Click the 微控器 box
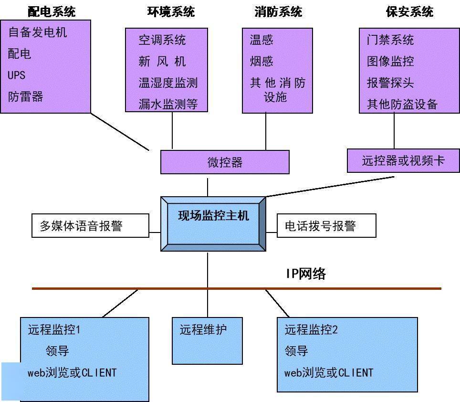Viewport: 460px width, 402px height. [x=225, y=162]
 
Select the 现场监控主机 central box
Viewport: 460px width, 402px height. [x=213, y=223]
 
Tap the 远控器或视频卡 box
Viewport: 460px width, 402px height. [x=403, y=160]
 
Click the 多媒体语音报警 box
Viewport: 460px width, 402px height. [x=90, y=226]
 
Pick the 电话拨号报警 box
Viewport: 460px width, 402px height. [x=326, y=226]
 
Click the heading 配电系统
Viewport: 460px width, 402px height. [x=52, y=11]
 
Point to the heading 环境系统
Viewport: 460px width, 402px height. [x=171, y=11]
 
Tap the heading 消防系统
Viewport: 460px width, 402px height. [x=278, y=11]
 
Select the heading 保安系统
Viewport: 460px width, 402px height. [x=409, y=11]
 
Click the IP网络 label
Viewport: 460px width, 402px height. [x=306, y=274]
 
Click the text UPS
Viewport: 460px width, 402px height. [x=17, y=75]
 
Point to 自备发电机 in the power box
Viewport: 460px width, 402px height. [x=38, y=32]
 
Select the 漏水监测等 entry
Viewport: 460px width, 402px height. [x=168, y=104]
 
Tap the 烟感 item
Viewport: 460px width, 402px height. [x=261, y=61]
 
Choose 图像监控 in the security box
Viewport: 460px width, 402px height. [x=390, y=61]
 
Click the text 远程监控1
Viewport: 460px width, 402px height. [x=54, y=329]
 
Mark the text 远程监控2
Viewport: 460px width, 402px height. [x=311, y=329]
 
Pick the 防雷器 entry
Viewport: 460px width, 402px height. [x=26, y=97]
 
